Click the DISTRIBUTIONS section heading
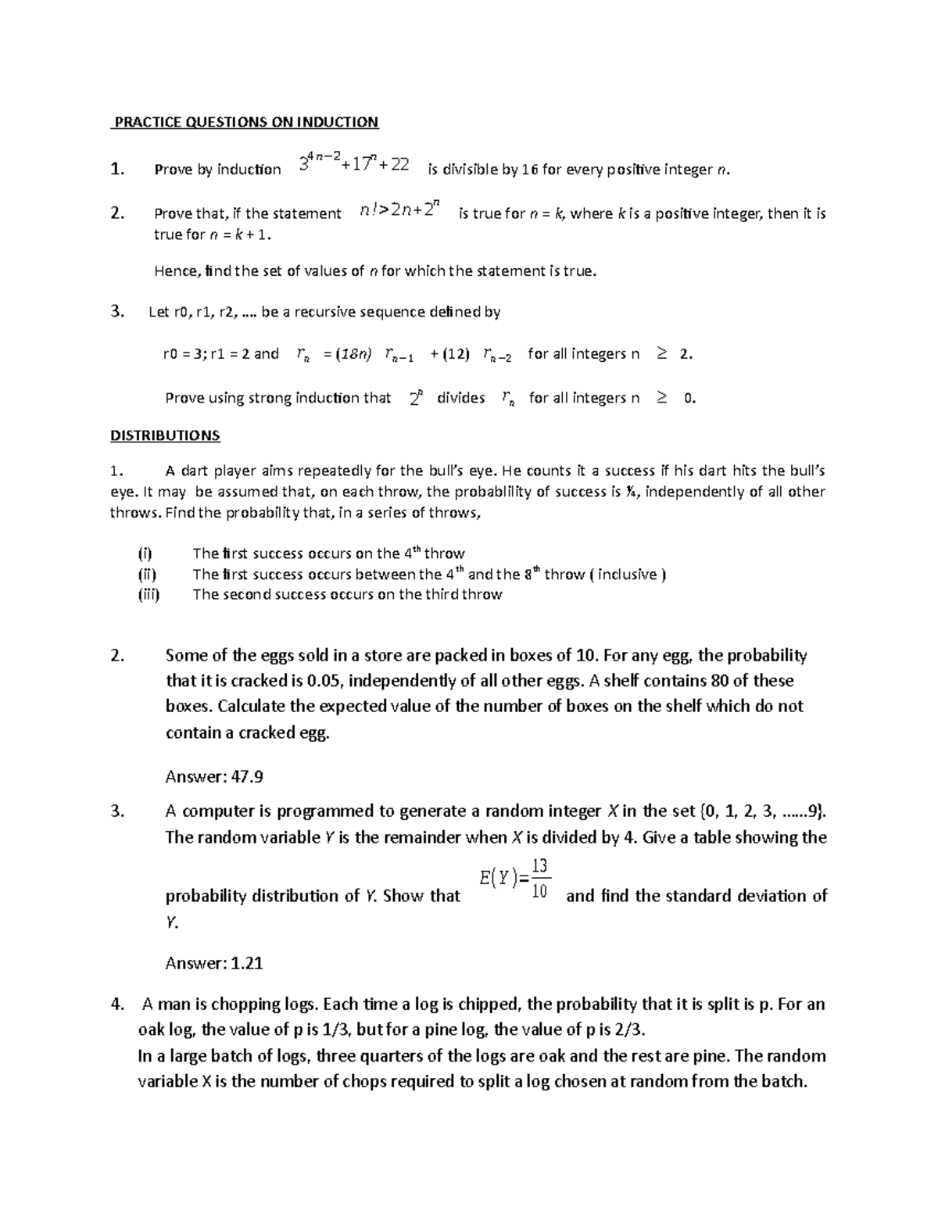pyautogui.click(x=165, y=435)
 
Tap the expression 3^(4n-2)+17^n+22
pyautogui.click(x=354, y=164)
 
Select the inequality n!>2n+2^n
pyautogui.click(x=400, y=210)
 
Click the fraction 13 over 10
pyautogui.click(x=539, y=879)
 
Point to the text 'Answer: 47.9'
pyautogui.click(x=214, y=776)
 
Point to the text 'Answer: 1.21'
pyautogui.click(x=214, y=963)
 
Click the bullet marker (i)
pyautogui.click(x=145, y=553)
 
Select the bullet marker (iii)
pyautogui.click(x=149, y=594)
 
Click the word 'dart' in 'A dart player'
pyautogui.click(x=195, y=471)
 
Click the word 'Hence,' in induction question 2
pyautogui.click(x=177, y=271)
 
